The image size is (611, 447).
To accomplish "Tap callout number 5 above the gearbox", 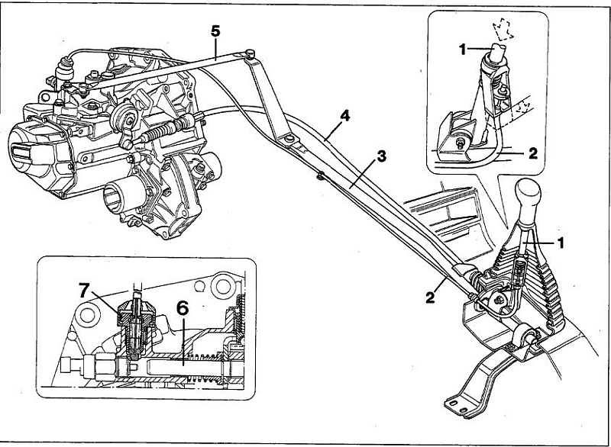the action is coord(215,31).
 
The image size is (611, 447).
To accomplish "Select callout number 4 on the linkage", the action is coord(344,116).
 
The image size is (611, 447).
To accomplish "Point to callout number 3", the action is coord(381,156).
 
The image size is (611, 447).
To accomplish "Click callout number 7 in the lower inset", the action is coord(85,290).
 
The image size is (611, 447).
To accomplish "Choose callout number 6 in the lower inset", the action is coord(183,308).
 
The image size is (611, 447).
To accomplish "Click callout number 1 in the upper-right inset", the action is coord(463,50).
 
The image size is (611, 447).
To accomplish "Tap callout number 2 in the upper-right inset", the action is coord(533,153).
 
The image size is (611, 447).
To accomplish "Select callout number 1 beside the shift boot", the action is coord(561,243).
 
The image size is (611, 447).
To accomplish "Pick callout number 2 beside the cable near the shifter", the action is coord(430,298).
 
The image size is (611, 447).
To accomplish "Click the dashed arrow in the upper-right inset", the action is coord(503,29).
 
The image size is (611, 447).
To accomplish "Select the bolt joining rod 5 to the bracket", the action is coord(251,53).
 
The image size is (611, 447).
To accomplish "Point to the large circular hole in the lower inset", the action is coord(223,287).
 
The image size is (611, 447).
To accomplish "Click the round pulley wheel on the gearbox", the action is coord(124,117).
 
